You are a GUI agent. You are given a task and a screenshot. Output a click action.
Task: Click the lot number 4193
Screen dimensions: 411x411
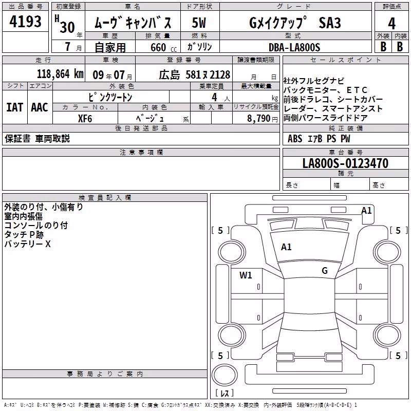coord(25,22)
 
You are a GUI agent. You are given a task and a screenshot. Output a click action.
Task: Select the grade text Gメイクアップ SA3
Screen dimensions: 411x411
coord(295,23)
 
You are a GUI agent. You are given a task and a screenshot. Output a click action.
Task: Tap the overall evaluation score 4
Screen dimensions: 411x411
coord(391,24)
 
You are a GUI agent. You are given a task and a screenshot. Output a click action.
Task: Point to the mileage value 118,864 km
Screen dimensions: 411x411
coord(60,74)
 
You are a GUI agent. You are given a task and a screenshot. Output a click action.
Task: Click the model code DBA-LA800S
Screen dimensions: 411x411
coord(294,47)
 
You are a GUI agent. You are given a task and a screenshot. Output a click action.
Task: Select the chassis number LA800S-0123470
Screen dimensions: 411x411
coord(345,163)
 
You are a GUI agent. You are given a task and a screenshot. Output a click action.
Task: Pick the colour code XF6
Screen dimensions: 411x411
coord(85,119)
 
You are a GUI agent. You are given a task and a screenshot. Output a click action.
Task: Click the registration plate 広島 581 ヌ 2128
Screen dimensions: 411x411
coord(195,75)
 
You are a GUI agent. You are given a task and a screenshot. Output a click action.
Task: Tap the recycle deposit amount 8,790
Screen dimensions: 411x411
coord(258,119)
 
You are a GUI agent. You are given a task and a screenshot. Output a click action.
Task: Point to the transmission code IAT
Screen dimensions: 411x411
coord(15,107)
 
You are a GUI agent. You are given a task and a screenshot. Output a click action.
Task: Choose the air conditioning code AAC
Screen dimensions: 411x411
coord(40,107)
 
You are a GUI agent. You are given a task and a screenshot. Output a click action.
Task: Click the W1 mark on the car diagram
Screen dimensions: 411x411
coord(246,275)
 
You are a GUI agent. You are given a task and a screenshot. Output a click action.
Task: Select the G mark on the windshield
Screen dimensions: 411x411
coord(325,270)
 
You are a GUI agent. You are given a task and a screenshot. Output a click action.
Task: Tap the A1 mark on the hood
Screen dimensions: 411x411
coord(286,247)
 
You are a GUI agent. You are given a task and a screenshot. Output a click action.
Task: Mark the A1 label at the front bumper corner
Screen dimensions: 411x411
coord(366,211)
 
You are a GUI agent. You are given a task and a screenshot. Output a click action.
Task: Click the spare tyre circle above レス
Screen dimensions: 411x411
coord(225,375)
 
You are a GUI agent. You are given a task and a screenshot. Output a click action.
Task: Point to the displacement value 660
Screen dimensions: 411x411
coord(158,47)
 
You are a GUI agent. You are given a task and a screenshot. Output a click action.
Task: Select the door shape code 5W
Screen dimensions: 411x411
coord(199,23)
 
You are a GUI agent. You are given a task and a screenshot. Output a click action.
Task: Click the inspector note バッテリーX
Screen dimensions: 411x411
coord(27,244)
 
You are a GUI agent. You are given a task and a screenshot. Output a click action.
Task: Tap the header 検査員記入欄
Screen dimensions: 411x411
coord(105,198)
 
